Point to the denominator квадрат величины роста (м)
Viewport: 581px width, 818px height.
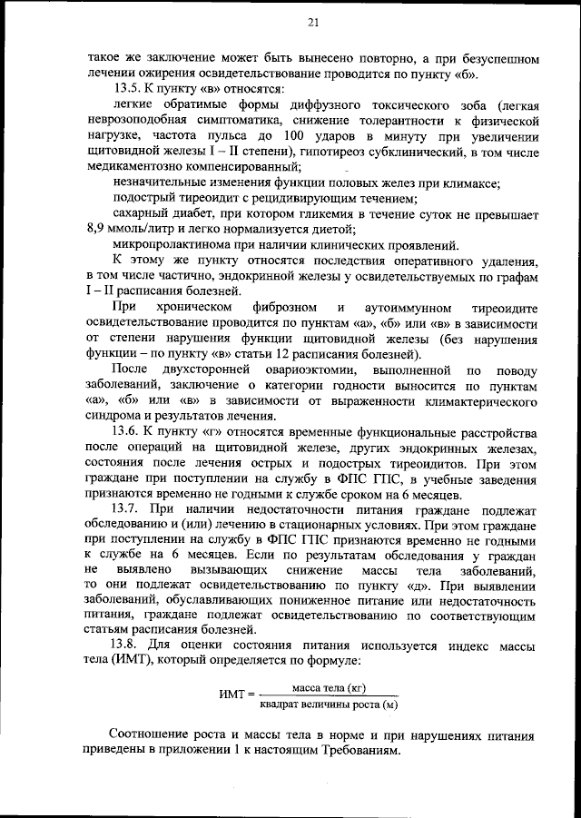point(329,703)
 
